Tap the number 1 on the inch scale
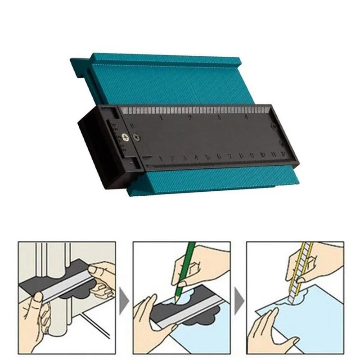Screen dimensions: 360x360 pyautogui.click(x=161, y=118)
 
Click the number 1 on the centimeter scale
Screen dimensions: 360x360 pyautogui.click(x=161, y=158)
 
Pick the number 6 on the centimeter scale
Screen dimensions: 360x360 pyautogui.click(x=219, y=157)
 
